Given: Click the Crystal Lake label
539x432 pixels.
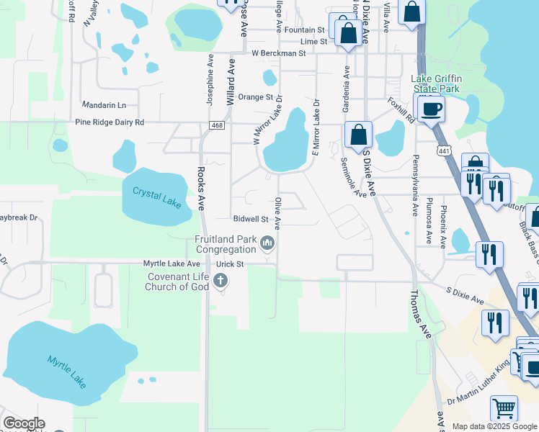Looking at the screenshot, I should [x=156, y=197].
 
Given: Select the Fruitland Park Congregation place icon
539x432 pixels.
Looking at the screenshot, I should [x=268, y=243].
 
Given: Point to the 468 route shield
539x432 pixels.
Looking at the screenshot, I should [x=217, y=125].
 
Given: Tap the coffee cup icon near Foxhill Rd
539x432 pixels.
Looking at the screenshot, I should [x=431, y=109].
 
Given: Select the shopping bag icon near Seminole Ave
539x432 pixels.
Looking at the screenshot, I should [x=357, y=135].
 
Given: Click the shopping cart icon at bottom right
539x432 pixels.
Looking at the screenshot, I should [x=504, y=408].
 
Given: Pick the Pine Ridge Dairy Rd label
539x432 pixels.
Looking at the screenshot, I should [x=110, y=122].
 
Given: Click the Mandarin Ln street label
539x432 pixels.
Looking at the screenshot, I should [x=104, y=104].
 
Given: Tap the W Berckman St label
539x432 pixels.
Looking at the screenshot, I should [x=279, y=53].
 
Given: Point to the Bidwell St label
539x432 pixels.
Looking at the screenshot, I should [x=251, y=218].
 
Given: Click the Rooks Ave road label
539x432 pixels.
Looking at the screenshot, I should [x=201, y=189].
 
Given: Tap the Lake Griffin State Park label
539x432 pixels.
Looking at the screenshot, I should [x=435, y=84].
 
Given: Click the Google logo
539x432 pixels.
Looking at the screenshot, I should [x=24, y=423].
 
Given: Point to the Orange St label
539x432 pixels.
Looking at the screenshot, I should [x=256, y=96].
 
